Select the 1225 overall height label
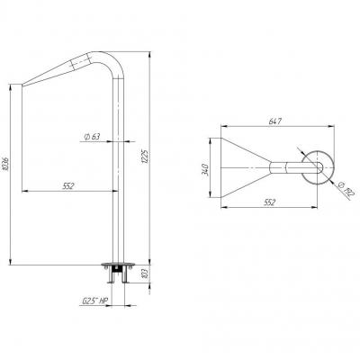pos(144,157)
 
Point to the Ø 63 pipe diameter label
pos(92,137)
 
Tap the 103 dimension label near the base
pos(146,274)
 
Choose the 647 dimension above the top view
pos(275,121)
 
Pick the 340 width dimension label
pos(206,169)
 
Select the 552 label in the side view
pos(68,186)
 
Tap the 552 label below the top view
pos(269,202)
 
